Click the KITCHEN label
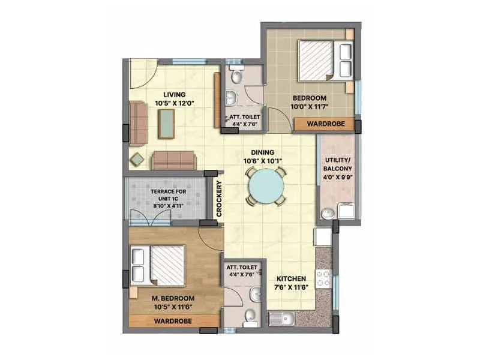(x=292, y=279)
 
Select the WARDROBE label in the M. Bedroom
(x=173, y=322)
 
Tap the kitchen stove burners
(x=323, y=279)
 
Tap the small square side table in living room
(x=137, y=160)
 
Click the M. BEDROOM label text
(x=173, y=298)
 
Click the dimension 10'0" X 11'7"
(x=309, y=107)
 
